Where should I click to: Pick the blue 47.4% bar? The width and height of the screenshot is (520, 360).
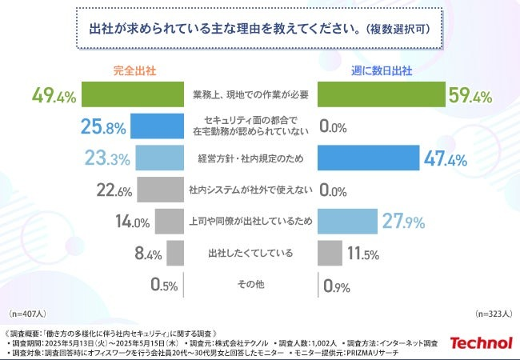(368, 158)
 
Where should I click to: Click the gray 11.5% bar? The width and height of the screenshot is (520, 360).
(330, 253)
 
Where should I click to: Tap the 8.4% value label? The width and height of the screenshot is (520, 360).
(149, 254)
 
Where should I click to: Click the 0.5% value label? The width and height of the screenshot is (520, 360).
(164, 285)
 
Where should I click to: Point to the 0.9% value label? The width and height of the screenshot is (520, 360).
(337, 285)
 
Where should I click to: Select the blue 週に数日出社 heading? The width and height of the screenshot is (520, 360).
(382, 70)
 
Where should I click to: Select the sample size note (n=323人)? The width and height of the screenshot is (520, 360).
(494, 314)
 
